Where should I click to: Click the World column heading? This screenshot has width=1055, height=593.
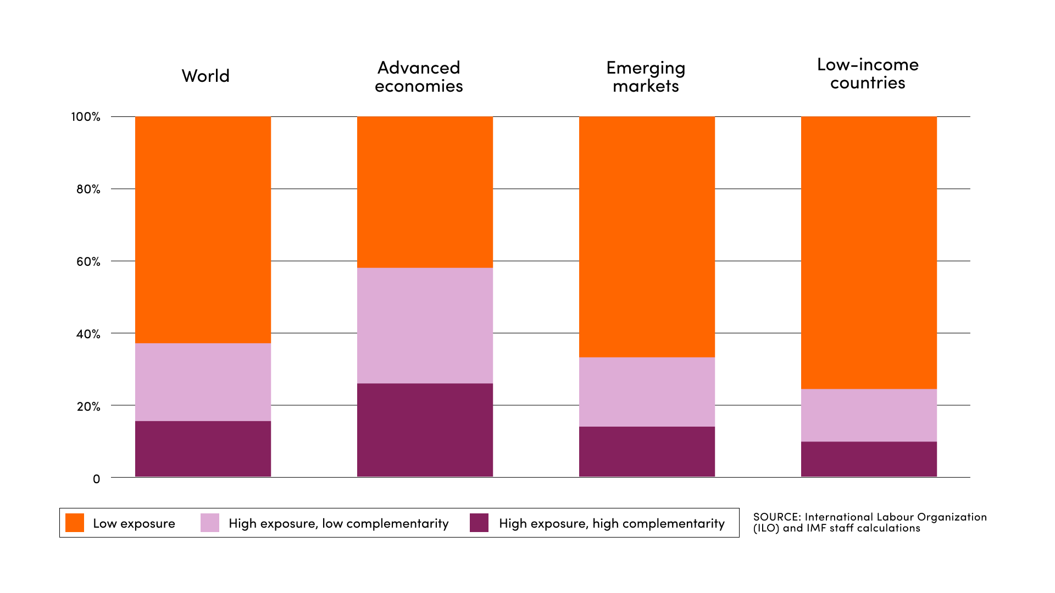click(x=206, y=76)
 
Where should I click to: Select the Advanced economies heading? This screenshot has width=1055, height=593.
click(x=419, y=77)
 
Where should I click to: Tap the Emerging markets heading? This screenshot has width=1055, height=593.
click(x=646, y=77)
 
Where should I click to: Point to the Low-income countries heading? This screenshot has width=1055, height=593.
click(x=868, y=74)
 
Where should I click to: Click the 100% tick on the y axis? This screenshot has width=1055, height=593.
click(x=86, y=117)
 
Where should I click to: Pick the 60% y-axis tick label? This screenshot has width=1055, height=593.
click(x=88, y=262)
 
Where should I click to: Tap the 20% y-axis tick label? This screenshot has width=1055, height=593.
click(x=88, y=407)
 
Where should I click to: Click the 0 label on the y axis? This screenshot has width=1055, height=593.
click(x=97, y=479)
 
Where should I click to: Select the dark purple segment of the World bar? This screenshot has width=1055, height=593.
click(x=203, y=449)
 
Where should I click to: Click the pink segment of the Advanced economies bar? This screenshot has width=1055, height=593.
click(x=425, y=325)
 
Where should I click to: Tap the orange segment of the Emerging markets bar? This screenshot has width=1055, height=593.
click(x=647, y=236)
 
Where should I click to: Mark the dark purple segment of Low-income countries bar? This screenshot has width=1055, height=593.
click(x=869, y=459)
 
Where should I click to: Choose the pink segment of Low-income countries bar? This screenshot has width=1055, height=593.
click(x=869, y=415)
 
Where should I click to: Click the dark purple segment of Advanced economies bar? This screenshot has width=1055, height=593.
click(x=425, y=430)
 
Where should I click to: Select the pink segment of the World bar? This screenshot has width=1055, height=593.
click(x=203, y=382)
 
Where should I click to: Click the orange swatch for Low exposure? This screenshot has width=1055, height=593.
click(x=75, y=523)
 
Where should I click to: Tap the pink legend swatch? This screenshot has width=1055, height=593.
click(x=210, y=523)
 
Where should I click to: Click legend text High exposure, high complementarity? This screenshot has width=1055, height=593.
click(x=612, y=523)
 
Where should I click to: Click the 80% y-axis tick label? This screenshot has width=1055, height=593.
click(x=88, y=189)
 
